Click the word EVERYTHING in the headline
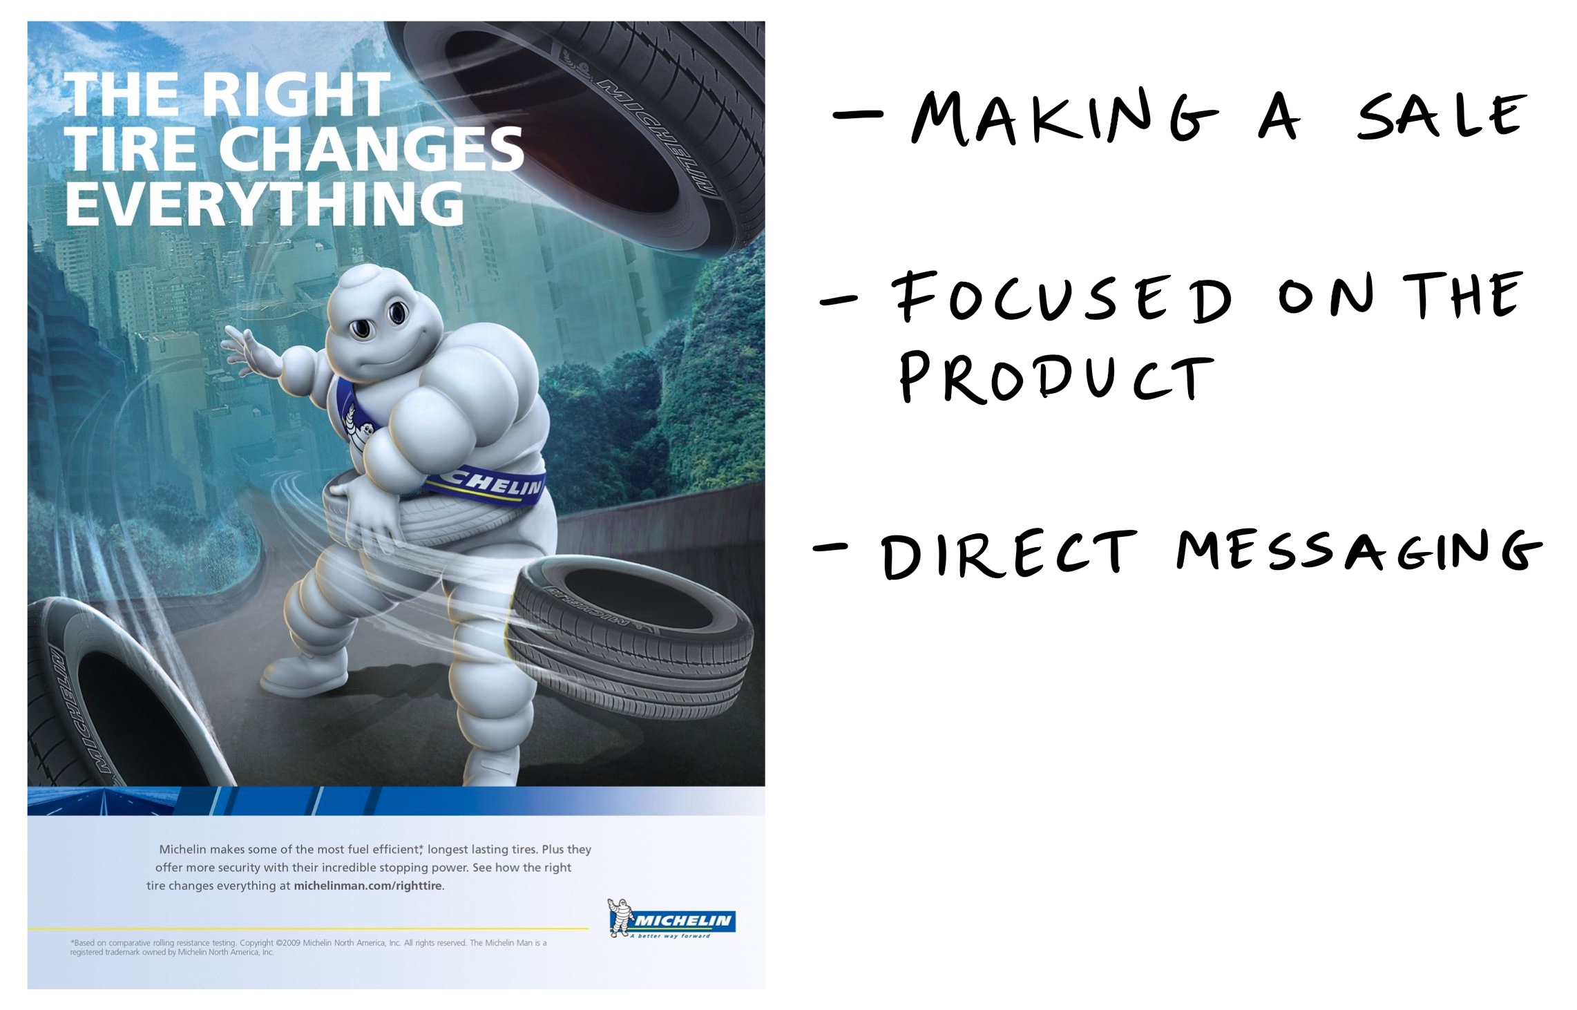[265, 204]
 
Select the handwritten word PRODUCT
[1057, 377]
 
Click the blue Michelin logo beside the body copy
[671, 919]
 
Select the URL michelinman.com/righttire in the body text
[368, 886]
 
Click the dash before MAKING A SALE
[857, 115]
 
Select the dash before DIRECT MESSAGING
[831, 547]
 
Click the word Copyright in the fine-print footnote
[256, 943]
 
